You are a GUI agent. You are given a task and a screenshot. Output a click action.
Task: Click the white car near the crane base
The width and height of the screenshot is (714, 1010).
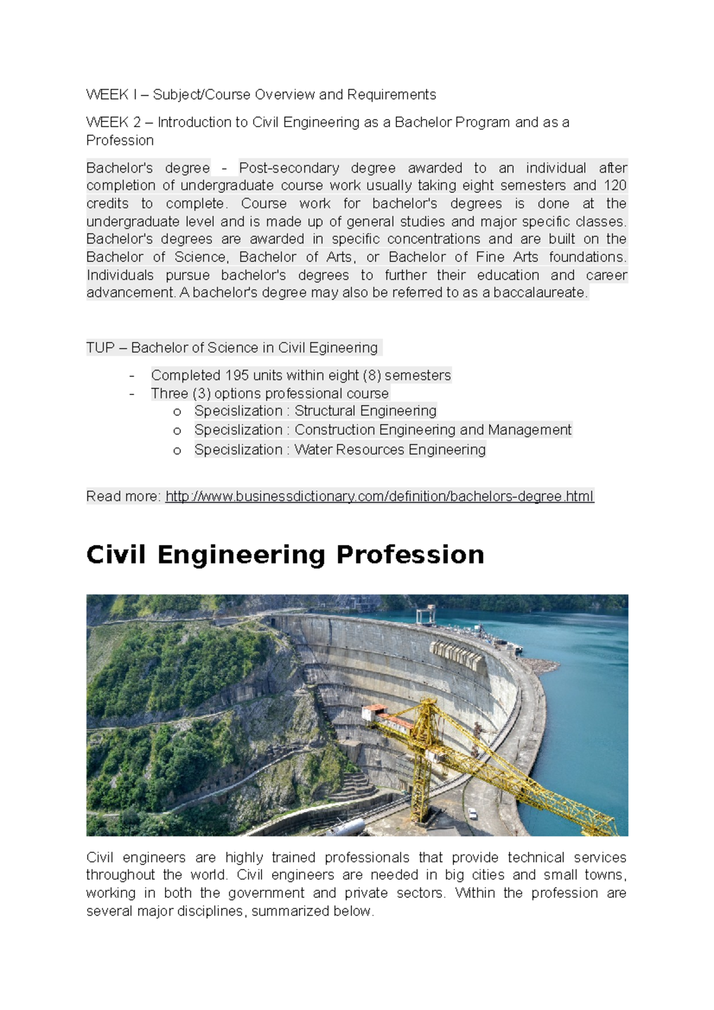(472, 813)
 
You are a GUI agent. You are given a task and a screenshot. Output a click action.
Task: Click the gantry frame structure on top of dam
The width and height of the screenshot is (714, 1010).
(425, 614)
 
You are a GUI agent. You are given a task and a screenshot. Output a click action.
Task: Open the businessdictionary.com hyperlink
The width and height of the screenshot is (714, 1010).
(380, 497)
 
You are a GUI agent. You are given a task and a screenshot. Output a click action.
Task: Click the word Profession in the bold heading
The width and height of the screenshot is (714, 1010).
(410, 555)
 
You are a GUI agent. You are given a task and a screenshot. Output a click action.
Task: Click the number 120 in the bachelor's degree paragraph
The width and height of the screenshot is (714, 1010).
(615, 186)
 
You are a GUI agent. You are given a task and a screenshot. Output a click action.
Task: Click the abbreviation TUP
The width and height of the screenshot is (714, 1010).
(100, 348)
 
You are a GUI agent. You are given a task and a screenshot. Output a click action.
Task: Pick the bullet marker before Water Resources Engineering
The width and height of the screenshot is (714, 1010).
(177, 451)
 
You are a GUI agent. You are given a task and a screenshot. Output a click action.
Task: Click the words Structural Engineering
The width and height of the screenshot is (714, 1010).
(365, 411)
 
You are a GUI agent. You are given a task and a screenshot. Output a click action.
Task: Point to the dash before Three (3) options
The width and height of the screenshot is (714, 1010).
(132, 394)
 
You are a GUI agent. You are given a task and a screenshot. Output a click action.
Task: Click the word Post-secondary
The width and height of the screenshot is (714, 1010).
(289, 168)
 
